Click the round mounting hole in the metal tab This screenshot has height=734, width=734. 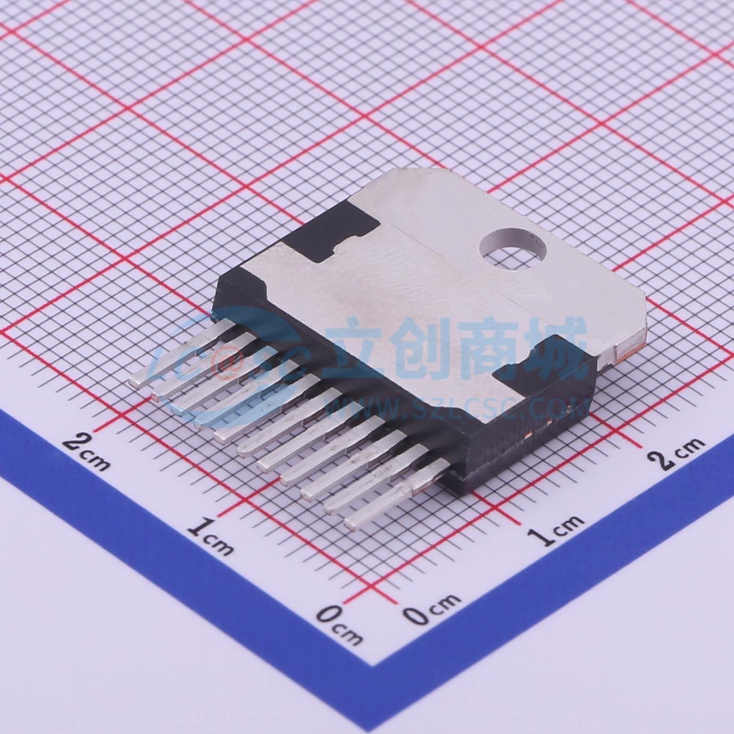pos(512,248)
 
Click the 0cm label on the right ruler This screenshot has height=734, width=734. pos(431,608)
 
